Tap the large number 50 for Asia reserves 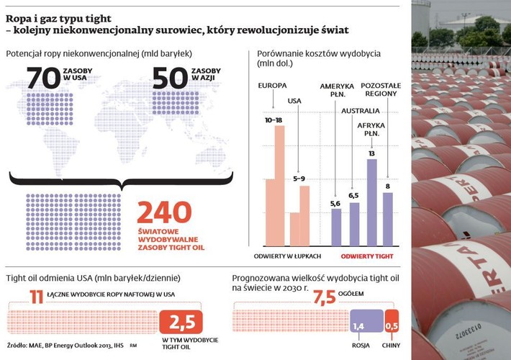coord(169,79)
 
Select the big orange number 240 coord(165,213)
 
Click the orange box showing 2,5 coord(181,322)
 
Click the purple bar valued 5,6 coord(336,226)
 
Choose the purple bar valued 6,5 coord(354,223)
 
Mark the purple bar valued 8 coord(388,218)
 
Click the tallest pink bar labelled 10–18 coord(280,185)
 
